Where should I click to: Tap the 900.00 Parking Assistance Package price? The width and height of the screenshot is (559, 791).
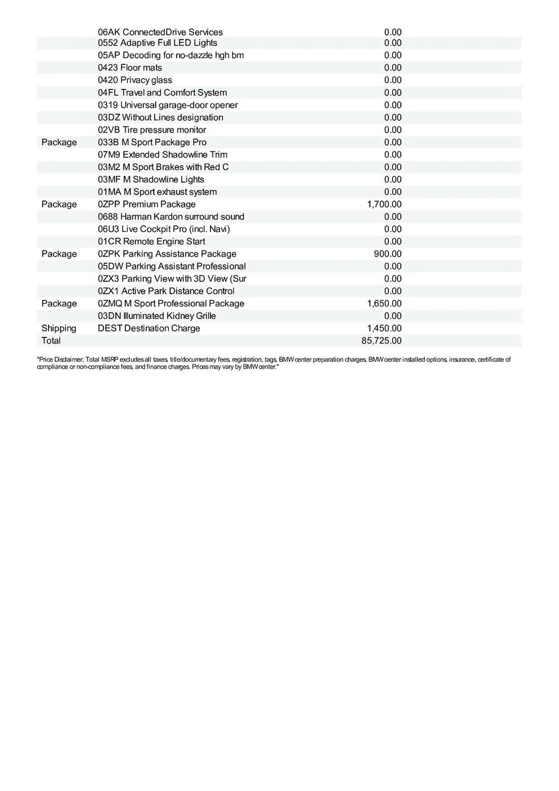[x=388, y=254]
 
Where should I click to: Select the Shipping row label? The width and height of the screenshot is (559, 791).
[x=59, y=328]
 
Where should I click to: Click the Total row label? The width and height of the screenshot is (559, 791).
[x=51, y=341]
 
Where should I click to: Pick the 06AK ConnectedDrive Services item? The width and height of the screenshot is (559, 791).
[x=160, y=32]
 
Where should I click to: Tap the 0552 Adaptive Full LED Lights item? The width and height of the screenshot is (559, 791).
[x=158, y=43]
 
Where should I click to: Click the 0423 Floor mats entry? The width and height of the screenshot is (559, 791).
[x=130, y=68]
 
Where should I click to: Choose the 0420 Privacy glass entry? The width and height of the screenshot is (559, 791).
[x=135, y=80]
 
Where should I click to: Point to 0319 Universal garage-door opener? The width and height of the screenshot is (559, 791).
[x=168, y=105]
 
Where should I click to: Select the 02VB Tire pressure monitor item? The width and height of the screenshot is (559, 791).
[x=152, y=130]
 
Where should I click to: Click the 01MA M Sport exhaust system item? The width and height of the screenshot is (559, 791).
[x=157, y=192]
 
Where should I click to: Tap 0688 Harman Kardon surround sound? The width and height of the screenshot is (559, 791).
[x=171, y=217]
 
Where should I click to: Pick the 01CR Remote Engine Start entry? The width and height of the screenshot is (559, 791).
[x=152, y=242]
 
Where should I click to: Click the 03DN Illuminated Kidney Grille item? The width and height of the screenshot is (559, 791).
[x=157, y=316]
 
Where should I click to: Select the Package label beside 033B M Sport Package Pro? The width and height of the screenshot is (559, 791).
[x=59, y=142]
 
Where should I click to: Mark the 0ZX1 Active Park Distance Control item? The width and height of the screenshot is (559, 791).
[x=166, y=291]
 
